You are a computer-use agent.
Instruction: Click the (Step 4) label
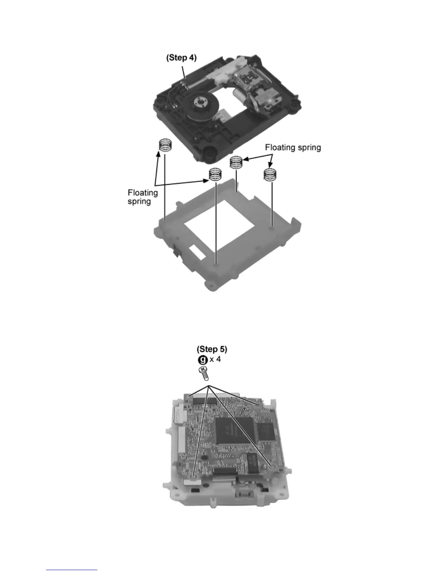pos(181,58)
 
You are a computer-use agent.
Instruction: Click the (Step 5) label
pos(212,349)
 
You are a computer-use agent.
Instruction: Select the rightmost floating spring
pos(270,174)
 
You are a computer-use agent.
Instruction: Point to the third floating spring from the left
pos(236,162)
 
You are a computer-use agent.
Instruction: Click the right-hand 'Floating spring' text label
pos(293,148)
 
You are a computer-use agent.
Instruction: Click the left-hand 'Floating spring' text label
pos(143,197)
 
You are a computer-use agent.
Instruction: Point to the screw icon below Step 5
pos(203,372)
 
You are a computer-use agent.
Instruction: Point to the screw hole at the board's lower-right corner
pos(273,468)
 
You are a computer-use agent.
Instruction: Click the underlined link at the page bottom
pos(72,570)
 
